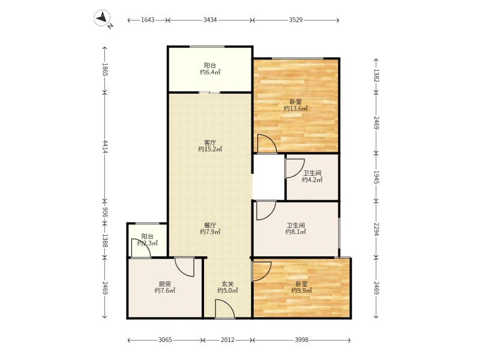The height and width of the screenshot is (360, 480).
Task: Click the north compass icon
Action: (103, 18)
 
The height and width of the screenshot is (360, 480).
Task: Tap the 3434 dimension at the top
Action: (210, 20)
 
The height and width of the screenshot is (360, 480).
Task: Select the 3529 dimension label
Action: (296, 20)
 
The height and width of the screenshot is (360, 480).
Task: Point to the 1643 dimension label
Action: (148, 20)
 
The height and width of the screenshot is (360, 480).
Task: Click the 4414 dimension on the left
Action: (105, 146)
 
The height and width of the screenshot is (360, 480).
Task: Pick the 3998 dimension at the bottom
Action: (302, 340)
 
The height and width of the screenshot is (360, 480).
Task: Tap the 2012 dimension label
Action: (228, 340)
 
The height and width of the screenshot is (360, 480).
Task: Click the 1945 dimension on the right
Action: (376, 177)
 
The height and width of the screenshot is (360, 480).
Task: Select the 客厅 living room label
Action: (210, 143)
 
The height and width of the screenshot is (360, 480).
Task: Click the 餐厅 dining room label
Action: (210, 226)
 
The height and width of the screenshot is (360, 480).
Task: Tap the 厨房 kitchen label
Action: (164, 284)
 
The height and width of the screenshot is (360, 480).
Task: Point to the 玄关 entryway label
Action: (228, 284)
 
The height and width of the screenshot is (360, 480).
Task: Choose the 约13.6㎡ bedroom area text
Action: (296, 109)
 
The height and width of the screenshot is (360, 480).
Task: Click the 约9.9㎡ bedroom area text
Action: (302, 290)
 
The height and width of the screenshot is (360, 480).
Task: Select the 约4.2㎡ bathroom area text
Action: (312, 179)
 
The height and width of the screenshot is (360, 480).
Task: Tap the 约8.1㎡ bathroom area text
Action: (296, 232)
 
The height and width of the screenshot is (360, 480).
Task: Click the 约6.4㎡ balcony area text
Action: (210, 72)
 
